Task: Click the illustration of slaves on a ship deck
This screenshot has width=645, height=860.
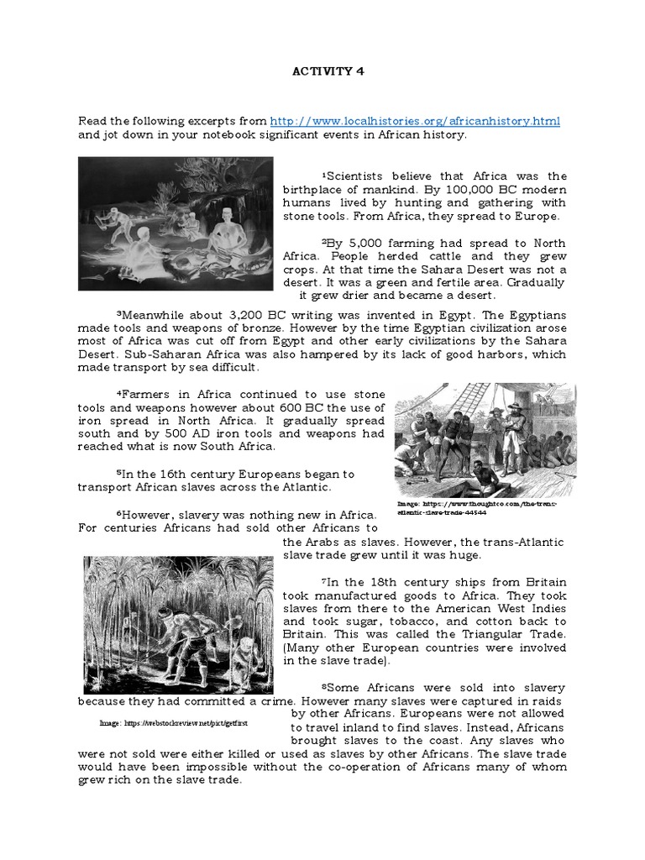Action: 485,440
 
